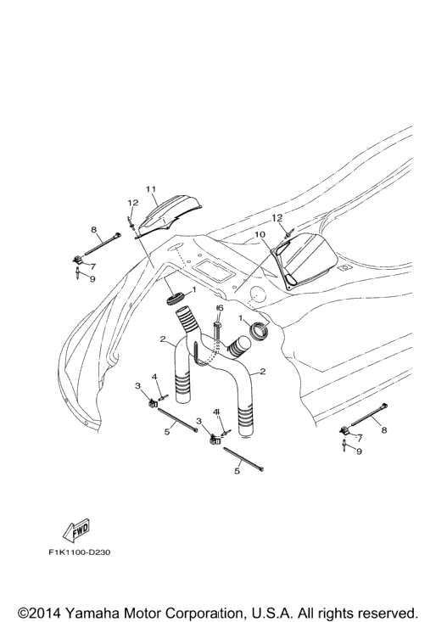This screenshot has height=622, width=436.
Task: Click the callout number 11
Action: (151, 189)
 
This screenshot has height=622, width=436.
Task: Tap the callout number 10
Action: (260, 235)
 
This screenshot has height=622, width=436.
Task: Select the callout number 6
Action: (221, 308)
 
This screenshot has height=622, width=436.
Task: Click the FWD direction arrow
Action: (76, 530)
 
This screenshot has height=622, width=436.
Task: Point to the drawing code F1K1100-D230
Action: (80, 552)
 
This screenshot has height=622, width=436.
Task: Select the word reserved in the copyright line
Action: (386, 613)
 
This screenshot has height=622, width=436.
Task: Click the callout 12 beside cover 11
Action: (133, 202)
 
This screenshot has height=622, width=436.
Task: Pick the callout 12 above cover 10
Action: (277, 217)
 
